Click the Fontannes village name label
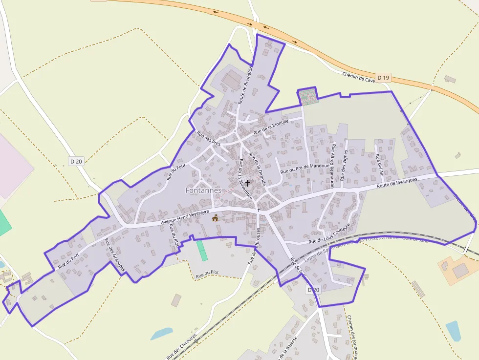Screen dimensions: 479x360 click(x=203, y=190)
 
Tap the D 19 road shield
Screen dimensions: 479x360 click(x=384, y=78)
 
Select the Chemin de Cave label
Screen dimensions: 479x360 click(x=359, y=77)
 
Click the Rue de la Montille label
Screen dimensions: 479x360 click(x=271, y=127)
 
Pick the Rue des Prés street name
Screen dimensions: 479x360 click(x=209, y=139)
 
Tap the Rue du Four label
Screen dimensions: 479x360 click(x=176, y=172)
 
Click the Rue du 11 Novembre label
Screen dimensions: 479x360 click(x=245, y=178)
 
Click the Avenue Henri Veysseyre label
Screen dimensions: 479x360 click(x=185, y=218)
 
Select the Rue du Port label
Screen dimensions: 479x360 click(x=68, y=262)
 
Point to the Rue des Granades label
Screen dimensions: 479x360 click(x=114, y=255)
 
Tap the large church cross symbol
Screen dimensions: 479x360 click(x=248, y=183)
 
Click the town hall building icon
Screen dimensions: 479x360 click(x=215, y=218)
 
